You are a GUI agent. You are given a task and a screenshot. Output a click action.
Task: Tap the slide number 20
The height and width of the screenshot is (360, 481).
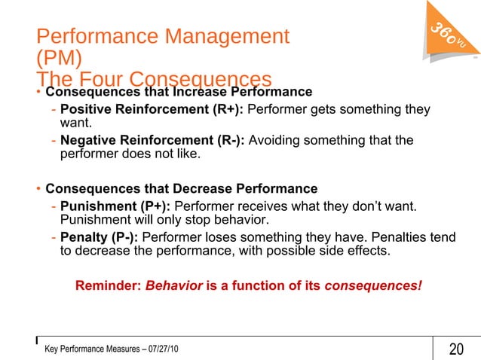tap(456, 349)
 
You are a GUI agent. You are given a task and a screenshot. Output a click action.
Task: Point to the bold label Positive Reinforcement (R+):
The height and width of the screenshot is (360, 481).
tap(152, 111)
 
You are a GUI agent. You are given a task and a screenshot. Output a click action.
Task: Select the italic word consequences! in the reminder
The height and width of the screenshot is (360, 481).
tap(373, 287)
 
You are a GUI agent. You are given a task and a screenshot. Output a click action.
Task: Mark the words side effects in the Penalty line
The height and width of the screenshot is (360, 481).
tap(357, 252)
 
